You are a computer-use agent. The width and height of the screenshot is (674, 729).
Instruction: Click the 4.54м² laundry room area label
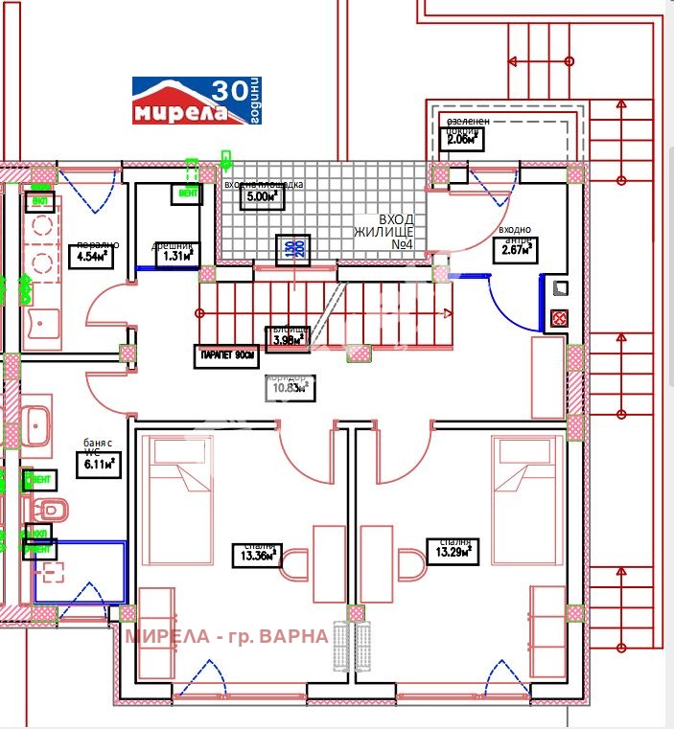(x=97, y=256)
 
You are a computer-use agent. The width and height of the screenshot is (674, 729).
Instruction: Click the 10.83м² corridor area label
(x=291, y=388)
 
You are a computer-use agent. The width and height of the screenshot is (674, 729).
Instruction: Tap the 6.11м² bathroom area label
(x=96, y=465)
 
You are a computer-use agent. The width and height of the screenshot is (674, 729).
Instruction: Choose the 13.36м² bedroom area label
(x=256, y=555)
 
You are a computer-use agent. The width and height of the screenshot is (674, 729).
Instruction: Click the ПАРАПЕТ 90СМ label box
(x=228, y=355)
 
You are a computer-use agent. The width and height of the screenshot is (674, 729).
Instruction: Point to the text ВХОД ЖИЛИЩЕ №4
(x=383, y=232)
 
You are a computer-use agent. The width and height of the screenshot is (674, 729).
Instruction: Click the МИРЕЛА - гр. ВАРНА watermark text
(x=226, y=635)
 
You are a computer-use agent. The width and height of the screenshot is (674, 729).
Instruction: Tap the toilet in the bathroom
(x=48, y=507)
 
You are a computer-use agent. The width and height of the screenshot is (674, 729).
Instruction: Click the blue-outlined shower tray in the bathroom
(x=80, y=572)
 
